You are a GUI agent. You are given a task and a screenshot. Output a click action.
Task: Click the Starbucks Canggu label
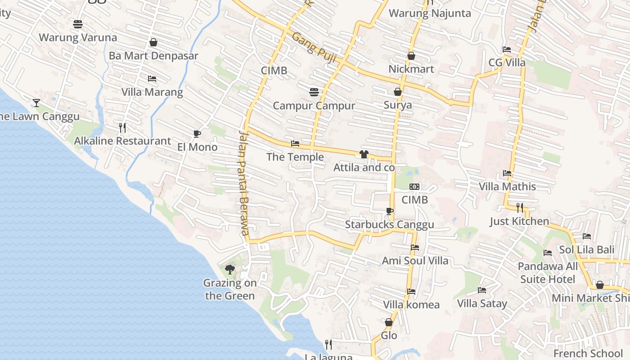pos(389,225)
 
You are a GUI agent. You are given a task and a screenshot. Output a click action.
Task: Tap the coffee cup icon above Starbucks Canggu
pos(390,211)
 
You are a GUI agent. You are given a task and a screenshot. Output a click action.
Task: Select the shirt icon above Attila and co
pos(364,154)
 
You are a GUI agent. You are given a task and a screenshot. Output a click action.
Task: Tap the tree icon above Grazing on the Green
pos(230,270)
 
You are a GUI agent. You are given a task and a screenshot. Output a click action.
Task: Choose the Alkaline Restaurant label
pos(122,141)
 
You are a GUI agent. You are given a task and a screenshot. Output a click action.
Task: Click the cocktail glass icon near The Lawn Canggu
pos(36,103)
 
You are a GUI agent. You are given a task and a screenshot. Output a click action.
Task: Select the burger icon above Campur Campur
pos(314,92)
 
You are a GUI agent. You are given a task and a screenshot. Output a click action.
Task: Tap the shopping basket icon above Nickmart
pos(411,56)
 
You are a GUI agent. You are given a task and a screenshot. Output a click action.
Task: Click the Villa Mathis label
pos(507,186)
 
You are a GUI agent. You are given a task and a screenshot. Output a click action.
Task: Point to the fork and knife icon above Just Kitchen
pos(520,207)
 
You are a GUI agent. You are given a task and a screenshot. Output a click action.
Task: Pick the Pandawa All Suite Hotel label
pos(548,273)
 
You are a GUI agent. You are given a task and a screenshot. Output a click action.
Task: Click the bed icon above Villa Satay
pos(482,290)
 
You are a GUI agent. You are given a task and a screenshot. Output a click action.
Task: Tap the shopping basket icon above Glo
pos(389,322)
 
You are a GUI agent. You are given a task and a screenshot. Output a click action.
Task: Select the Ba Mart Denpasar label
pos(153,56)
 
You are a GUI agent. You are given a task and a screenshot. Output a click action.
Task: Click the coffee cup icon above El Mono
pos(197,134)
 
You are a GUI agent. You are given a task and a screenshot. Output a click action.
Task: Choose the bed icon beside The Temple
pos(295,144)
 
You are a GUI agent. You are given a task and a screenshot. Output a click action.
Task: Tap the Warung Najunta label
pos(430,13)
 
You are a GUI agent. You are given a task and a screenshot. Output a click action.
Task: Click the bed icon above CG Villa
pos(507,49)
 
